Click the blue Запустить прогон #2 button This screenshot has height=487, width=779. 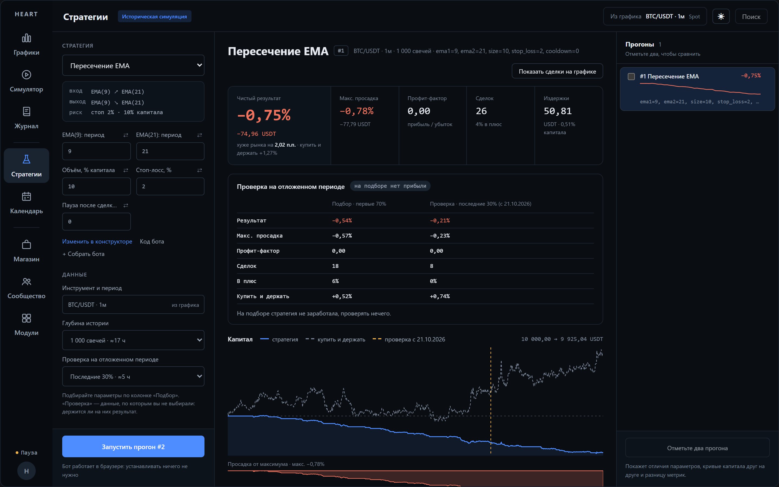(133, 446)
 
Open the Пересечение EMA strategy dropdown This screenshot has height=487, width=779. (133, 65)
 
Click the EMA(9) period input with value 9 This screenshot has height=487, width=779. (96, 151)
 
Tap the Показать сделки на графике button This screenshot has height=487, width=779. (557, 71)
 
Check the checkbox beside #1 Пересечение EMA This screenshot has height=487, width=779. (631, 76)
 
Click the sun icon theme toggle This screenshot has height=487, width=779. (721, 17)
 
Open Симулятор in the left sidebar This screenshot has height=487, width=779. (27, 81)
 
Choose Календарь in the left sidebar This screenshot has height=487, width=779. (27, 203)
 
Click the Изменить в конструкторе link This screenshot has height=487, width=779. (97, 241)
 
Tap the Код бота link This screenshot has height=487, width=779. (152, 241)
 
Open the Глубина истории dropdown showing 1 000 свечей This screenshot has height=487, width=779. (133, 340)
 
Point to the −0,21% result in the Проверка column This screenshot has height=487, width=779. (440, 221)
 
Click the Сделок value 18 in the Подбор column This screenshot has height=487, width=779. (335, 266)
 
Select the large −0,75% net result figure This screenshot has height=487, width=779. (264, 115)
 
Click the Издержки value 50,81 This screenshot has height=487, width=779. (557, 111)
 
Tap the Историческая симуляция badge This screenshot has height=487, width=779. (154, 17)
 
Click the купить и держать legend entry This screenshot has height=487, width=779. (335, 339)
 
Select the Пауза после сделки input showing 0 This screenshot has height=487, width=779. (96, 221)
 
